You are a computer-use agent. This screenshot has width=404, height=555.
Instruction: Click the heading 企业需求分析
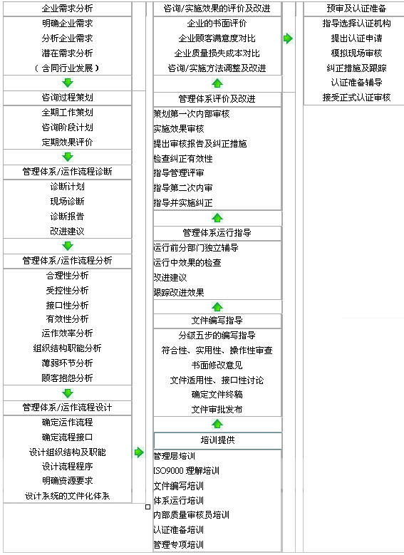pyautogui.click(x=67, y=8)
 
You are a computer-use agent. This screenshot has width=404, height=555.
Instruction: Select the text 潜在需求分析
pyautogui.click(x=67, y=53)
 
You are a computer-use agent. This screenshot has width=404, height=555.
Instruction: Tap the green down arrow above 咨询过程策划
pyautogui.click(x=67, y=83)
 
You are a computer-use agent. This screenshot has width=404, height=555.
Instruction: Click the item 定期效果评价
pyautogui.click(x=67, y=142)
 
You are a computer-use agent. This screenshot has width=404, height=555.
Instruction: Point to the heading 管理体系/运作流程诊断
pyautogui.click(x=67, y=172)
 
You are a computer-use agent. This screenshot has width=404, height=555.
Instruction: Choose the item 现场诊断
pyautogui.click(x=67, y=202)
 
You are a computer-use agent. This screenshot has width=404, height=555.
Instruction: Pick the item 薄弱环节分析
pyautogui.click(x=67, y=363)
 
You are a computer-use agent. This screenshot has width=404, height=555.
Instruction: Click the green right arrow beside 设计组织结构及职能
pyautogui.click(x=139, y=452)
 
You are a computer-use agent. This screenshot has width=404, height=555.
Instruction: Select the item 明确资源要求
pyautogui.click(x=67, y=481)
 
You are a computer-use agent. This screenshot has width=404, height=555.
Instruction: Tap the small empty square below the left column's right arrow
pyautogui.click(x=148, y=507)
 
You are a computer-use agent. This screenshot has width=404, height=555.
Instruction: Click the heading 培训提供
pyautogui.click(x=217, y=440)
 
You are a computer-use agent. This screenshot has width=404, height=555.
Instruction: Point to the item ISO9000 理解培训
pyautogui.click(x=186, y=471)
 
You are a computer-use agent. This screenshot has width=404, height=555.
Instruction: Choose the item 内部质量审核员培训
pyautogui.click(x=191, y=515)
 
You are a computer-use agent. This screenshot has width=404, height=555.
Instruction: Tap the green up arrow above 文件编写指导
pyautogui.click(x=217, y=306)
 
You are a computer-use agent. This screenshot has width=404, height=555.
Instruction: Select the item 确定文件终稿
pyautogui.click(x=217, y=394)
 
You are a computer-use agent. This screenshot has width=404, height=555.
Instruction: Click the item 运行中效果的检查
pyautogui.click(x=187, y=263)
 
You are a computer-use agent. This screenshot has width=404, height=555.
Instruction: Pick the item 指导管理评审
pyautogui.click(x=179, y=173)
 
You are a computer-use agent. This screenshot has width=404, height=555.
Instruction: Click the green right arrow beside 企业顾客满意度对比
pyautogui.click(x=289, y=38)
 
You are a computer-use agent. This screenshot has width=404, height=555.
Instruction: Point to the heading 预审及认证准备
pyautogui.click(x=356, y=8)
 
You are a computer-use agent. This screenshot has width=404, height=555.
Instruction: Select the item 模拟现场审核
pyautogui.click(x=356, y=53)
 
